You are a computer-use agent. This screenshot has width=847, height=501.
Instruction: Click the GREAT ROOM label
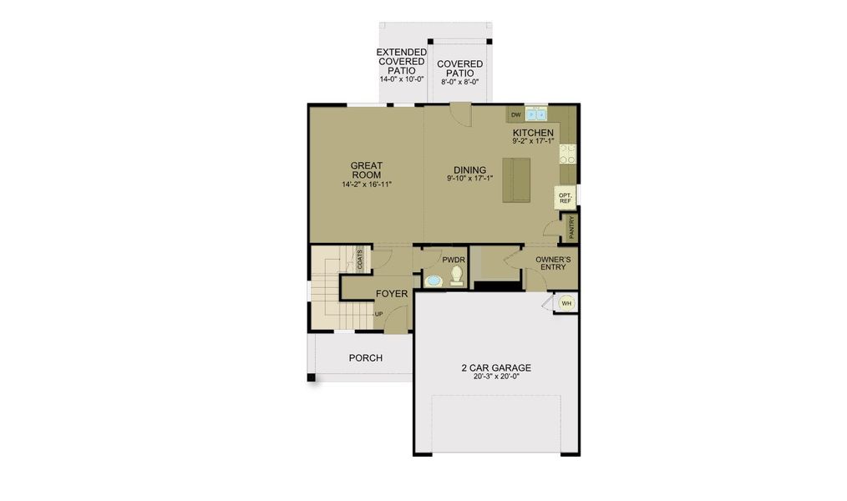(367, 170)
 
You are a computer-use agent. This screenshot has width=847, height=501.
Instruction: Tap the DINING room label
(470, 170)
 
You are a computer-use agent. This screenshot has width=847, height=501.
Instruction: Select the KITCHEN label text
(533, 133)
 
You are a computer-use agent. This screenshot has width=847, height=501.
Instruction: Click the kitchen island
(516, 180)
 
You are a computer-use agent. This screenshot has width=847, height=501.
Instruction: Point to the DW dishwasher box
(516, 114)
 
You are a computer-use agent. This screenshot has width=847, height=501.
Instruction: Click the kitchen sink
(536, 114)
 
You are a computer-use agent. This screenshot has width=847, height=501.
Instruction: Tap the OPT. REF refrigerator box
(565, 198)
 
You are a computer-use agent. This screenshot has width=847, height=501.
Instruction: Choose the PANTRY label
(571, 228)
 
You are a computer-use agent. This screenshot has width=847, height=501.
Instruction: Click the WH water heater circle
(566, 303)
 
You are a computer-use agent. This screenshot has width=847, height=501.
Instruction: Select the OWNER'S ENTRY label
(553, 264)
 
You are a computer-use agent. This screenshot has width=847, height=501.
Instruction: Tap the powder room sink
(434, 281)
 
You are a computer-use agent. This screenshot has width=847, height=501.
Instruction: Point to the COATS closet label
(360, 259)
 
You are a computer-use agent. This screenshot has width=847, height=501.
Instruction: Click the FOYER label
(392, 294)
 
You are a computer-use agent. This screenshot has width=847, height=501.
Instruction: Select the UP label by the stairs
(378, 314)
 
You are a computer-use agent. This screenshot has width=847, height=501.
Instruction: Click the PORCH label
(366, 358)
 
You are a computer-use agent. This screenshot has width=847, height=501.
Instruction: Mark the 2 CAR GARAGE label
(496, 367)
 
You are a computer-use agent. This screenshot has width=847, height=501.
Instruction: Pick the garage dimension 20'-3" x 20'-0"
(496, 377)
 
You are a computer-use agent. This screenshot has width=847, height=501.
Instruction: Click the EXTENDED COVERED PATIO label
(401, 61)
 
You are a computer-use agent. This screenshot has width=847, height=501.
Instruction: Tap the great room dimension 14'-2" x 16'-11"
(367, 184)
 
